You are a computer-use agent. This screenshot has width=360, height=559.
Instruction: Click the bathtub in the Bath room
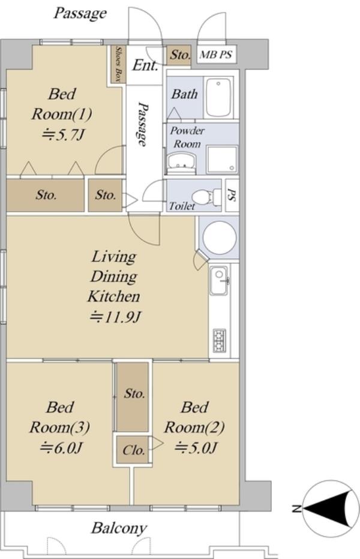(x=218, y=97)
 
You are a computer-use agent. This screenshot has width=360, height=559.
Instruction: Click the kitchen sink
(x=218, y=281)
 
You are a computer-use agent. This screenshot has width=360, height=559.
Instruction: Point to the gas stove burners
(x=219, y=340)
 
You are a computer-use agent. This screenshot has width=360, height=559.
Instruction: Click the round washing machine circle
(x=220, y=238)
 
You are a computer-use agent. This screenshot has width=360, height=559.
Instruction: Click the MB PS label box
(x=216, y=55)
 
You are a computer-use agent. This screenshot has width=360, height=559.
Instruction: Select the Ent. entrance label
(x=145, y=65)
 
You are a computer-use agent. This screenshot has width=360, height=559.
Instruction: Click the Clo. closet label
(x=133, y=450)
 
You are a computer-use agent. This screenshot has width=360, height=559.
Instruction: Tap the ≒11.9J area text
(x=115, y=317)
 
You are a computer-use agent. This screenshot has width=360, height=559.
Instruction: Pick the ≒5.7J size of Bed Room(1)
(x=63, y=135)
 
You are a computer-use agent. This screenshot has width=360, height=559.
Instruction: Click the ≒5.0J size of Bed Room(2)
(x=195, y=447)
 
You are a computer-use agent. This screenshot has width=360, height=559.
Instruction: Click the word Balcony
(x=119, y=528)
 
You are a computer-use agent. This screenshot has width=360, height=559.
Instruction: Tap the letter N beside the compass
(x=295, y=509)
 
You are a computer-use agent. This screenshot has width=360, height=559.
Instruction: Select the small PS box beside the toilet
(x=232, y=195)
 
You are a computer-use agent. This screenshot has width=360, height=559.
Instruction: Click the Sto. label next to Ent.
(x=180, y=55)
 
